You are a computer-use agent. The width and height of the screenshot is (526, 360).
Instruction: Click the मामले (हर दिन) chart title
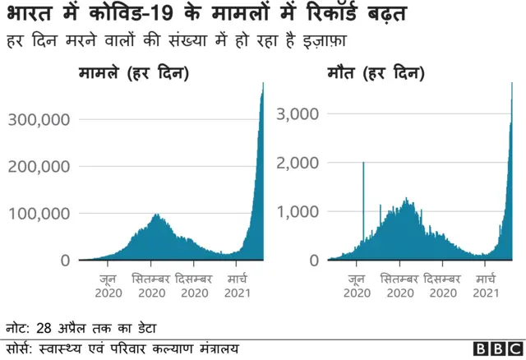click(x=133, y=74)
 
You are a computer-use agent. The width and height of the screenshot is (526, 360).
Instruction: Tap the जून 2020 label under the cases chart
click(x=108, y=285)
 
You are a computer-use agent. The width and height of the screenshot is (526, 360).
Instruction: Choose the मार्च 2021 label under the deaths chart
click(x=487, y=285)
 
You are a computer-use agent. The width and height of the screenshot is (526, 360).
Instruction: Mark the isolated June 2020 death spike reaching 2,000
click(x=363, y=164)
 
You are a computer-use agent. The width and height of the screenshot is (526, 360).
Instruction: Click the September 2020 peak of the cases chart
click(x=156, y=215)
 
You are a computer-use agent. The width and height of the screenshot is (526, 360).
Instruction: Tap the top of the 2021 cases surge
click(x=263, y=84)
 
